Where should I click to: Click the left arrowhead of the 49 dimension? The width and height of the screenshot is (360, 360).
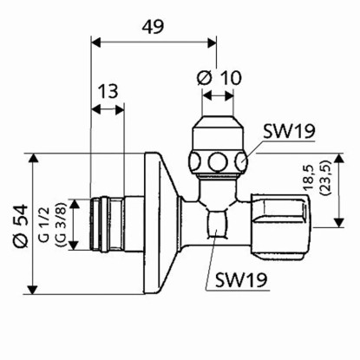95,39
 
